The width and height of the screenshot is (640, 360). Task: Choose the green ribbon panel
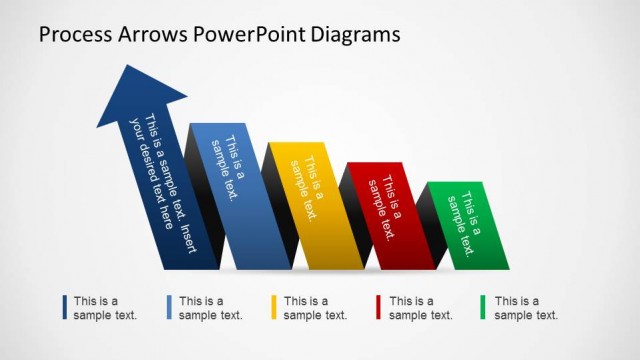(x=466, y=225)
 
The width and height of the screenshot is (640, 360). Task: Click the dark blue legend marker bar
(x=64, y=308)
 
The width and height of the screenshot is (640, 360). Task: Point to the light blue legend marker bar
(x=169, y=308)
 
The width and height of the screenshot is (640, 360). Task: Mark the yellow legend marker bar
(x=274, y=308)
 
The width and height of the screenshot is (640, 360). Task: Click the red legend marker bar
(x=379, y=308)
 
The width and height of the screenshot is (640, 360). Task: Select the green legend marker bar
(x=484, y=308)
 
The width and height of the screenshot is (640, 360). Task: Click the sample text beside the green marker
(x=526, y=308)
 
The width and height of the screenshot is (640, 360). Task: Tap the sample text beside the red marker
(x=421, y=308)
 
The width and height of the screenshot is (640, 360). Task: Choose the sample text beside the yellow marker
(x=316, y=308)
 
